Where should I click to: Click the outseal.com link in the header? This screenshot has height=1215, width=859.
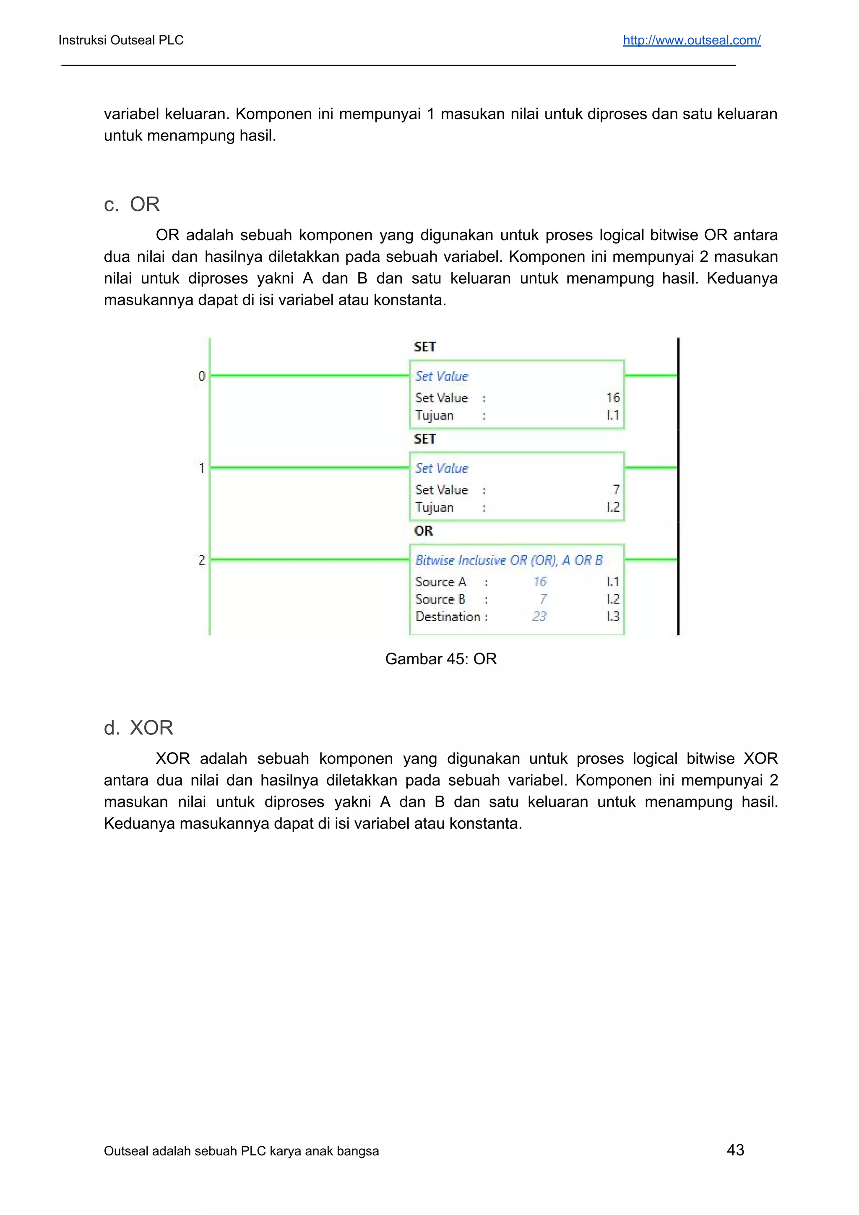[x=691, y=40]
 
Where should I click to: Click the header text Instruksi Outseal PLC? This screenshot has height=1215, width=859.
[x=121, y=40]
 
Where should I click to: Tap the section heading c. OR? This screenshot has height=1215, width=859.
[x=132, y=204]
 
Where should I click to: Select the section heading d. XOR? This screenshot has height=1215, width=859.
[x=139, y=728]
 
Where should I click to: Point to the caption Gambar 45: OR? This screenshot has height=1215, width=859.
[x=440, y=659]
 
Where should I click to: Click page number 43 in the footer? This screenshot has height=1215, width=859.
[x=735, y=1150]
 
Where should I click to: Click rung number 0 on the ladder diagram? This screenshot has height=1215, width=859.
[x=202, y=376]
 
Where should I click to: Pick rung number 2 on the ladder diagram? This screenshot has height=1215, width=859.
[x=202, y=560]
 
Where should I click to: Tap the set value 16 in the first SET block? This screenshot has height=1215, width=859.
[x=613, y=398]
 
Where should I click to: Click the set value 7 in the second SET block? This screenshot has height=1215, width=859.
[x=616, y=489]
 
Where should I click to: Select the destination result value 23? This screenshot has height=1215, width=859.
[x=539, y=617]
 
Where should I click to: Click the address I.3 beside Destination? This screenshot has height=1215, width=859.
[x=613, y=617]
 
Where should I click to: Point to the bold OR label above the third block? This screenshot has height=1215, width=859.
[x=423, y=531]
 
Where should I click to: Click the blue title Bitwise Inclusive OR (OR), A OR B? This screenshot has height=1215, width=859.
[x=509, y=560]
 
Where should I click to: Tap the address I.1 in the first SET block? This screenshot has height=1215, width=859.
[x=613, y=415]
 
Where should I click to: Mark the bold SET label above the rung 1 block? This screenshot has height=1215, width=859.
[x=424, y=439]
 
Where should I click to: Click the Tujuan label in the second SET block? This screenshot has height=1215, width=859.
[x=435, y=507]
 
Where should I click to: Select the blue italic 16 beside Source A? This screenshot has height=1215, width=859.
[x=539, y=582]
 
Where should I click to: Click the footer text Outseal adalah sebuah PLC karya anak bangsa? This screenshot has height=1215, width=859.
[x=241, y=1151]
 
